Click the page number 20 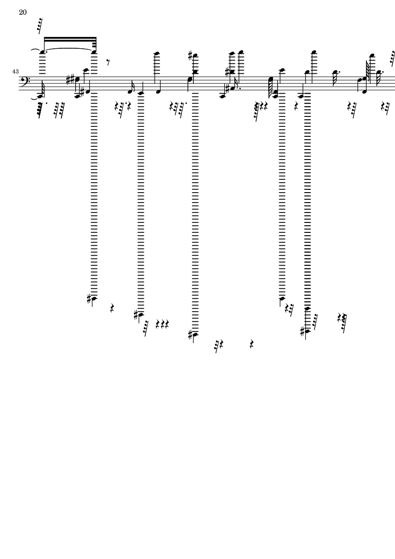pyautogui.click(x=23, y=12)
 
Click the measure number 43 pyautogui.click(x=15, y=71)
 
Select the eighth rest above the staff pyautogui.click(x=108, y=63)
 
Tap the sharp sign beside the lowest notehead pyautogui.click(x=191, y=335)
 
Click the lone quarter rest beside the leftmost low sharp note pyautogui.click(x=112, y=309)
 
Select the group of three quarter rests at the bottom pyautogui.click(x=162, y=324)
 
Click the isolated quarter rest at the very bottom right pyautogui.click(x=252, y=345)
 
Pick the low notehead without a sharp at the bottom pyautogui.click(x=282, y=298)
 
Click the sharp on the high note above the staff pyautogui.click(x=191, y=55)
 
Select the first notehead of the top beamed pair pyautogui.click(x=43, y=53)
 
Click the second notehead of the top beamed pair pyautogui.click(x=94, y=53)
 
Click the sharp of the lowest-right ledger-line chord pyautogui.click(x=302, y=331)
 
